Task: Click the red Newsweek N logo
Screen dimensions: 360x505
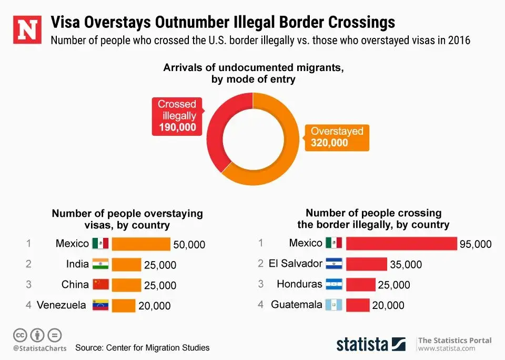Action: [x=27, y=31]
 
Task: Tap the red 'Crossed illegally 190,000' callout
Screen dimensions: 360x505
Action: [x=177, y=115]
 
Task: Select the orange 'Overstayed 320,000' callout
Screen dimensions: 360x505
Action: [x=337, y=137]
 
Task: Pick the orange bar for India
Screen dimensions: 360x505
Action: [x=126, y=265]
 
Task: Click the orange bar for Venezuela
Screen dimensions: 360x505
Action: [x=124, y=306]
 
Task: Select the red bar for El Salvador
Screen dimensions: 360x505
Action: [x=366, y=264]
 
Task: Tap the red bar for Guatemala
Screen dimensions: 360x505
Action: [x=358, y=305]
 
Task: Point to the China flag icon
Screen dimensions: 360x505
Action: [x=100, y=285]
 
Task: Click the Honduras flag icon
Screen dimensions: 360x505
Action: [x=334, y=284]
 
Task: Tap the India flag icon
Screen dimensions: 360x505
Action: [x=100, y=264]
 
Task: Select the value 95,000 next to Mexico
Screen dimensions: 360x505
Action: [x=476, y=244]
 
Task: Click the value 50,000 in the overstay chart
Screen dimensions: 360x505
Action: [x=189, y=245]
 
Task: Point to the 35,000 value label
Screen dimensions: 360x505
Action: [x=406, y=265]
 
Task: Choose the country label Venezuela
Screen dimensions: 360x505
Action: [x=62, y=305]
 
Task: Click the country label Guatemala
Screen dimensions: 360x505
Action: [x=296, y=304]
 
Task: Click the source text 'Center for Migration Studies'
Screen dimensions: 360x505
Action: [x=158, y=347]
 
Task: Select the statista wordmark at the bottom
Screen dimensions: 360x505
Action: [x=362, y=344]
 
